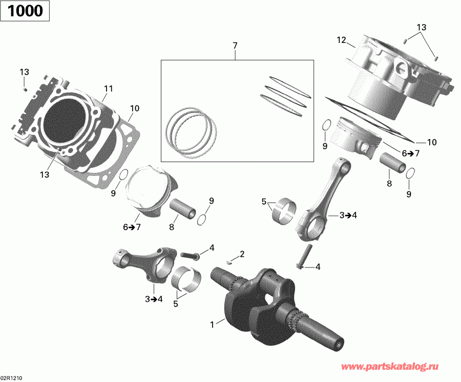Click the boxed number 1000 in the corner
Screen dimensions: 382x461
pos(25,11)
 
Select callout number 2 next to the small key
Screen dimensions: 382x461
pos(242,254)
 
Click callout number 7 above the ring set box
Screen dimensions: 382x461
pos(235,46)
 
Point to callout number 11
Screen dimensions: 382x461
pos(108,88)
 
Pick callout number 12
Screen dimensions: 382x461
pos(342,39)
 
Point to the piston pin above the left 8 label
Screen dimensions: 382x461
pos(181,208)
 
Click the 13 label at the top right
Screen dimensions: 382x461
pos(421,27)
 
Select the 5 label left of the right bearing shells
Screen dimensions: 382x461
pos(264,202)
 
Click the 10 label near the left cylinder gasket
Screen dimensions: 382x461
pos(135,108)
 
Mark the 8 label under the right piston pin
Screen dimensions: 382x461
pos(389,184)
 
